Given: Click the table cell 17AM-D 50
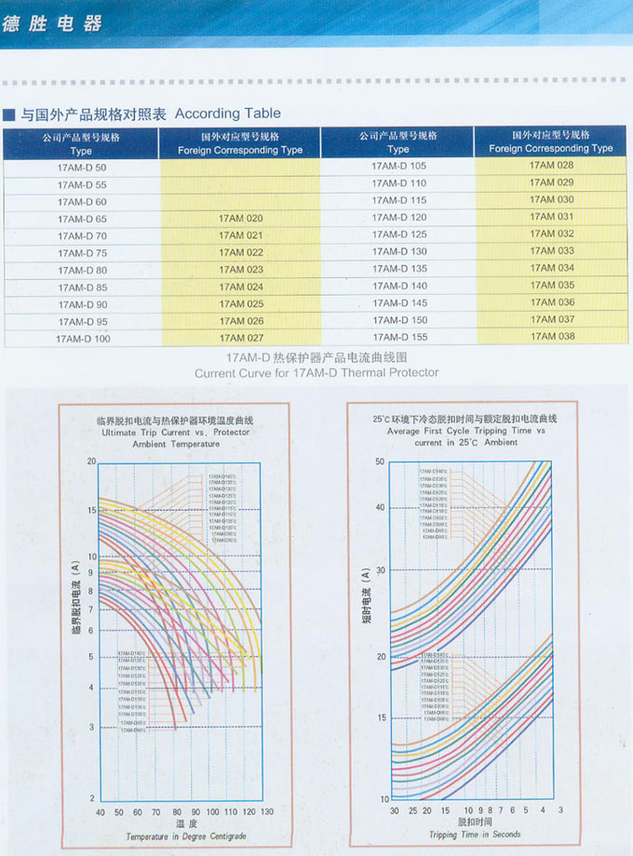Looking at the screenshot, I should pyautogui.click(x=82, y=167).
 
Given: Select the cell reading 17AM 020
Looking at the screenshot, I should pyautogui.click(x=241, y=219).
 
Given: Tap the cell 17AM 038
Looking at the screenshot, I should pyautogui.click(x=552, y=336).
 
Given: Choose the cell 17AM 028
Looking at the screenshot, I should pyautogui.click(x=552, y=166).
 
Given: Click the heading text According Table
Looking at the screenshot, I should pyautogui.click(x=227, y=114).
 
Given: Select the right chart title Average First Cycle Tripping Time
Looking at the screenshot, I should pyautogui.click(x=465, y=432).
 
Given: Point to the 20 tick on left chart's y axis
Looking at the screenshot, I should pyautogui.click(x=91, y=461).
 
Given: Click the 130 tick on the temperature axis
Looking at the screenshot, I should pyautogui.click(x=267, y=812).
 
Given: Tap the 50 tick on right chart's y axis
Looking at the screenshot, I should pyautogui.click(x=380, y=461).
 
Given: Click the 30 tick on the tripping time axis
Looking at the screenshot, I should pyautogui.click(x=394, y=811).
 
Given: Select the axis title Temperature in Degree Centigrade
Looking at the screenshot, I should pyautogui.click(x=186, y=836).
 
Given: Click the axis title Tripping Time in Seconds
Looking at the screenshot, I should pyautogui.click(x=475, y=835).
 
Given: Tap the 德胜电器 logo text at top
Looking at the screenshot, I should pyautogui.click(x=52, y=22).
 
